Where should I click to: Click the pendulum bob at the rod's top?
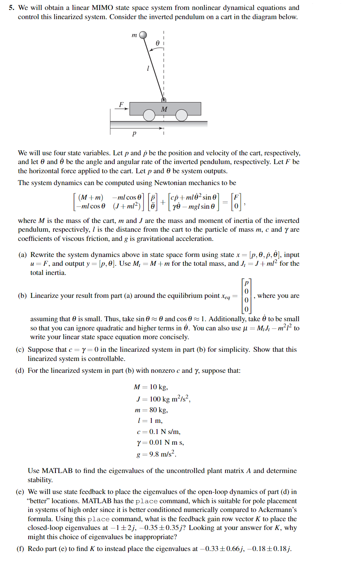click(143, 35)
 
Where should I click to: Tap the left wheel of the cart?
click(149, 115)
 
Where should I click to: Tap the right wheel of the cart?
click(182, 115)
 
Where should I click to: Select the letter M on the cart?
click(164, 109)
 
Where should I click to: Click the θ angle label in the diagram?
click(157, 43)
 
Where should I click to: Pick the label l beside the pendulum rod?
click(148, 68)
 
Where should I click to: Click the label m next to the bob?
click(134, 35)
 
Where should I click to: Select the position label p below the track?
click(134, 133)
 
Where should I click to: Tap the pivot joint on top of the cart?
click(164, 100)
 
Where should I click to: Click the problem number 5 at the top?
click(11, 8)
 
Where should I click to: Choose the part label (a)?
click(22, 255)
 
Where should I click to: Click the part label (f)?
click(20, 549)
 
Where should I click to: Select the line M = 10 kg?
click(151, 387)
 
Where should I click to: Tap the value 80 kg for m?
click(159, 410)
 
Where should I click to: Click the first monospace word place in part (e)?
click(146, 501)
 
